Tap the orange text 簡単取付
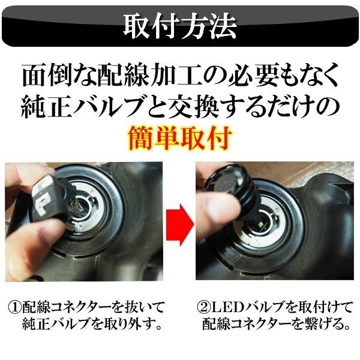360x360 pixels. point(180,139)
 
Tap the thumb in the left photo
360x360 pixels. point(36,228)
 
